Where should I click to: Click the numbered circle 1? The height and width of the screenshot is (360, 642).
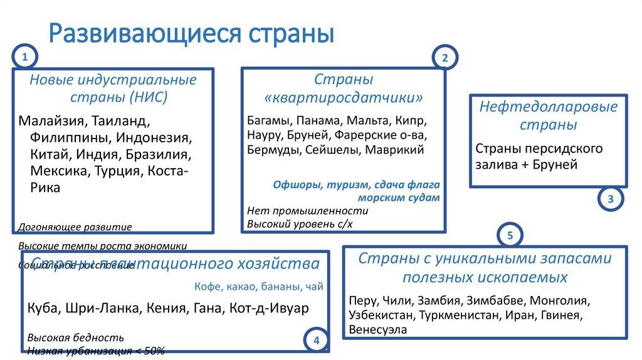point(24,58)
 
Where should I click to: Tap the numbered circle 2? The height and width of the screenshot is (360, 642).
point(445,58)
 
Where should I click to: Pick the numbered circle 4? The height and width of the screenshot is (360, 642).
point(316,341)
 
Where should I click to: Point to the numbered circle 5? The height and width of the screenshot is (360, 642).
point(510,236)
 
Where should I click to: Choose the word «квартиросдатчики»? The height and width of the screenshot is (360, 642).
point(344,98)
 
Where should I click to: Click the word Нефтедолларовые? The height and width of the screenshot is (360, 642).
point(549,107)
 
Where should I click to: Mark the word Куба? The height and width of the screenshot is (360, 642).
point(41,309)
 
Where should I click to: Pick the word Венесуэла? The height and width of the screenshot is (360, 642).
point(378,329)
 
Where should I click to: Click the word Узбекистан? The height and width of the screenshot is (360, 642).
point(382,314)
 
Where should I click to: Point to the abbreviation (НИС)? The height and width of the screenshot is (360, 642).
point(149,97)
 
